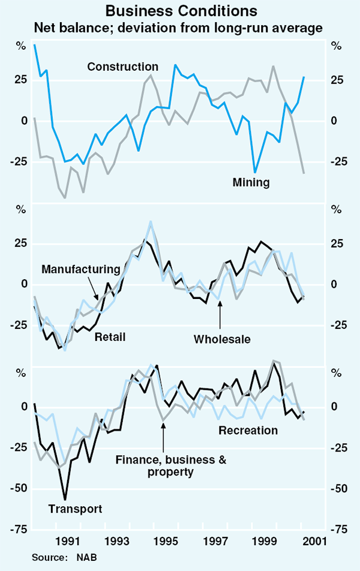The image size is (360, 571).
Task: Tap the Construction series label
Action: (x=123, y=67)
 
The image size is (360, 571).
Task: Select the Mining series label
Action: (x=251, y=182)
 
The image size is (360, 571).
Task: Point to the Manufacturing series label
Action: (x=81, y=269)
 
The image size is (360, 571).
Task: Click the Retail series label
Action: (x=110, y=337)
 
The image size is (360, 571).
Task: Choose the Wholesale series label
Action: (x=221, y=340)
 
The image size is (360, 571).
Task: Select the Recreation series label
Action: (x=248, y=430)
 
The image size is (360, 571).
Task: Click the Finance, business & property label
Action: (x=163, y=466)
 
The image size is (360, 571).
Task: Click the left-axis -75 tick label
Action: (x=20, y=530)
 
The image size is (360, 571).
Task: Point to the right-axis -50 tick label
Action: (x=340, y=489)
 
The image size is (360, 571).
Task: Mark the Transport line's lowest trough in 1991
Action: (x=65, y=499)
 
